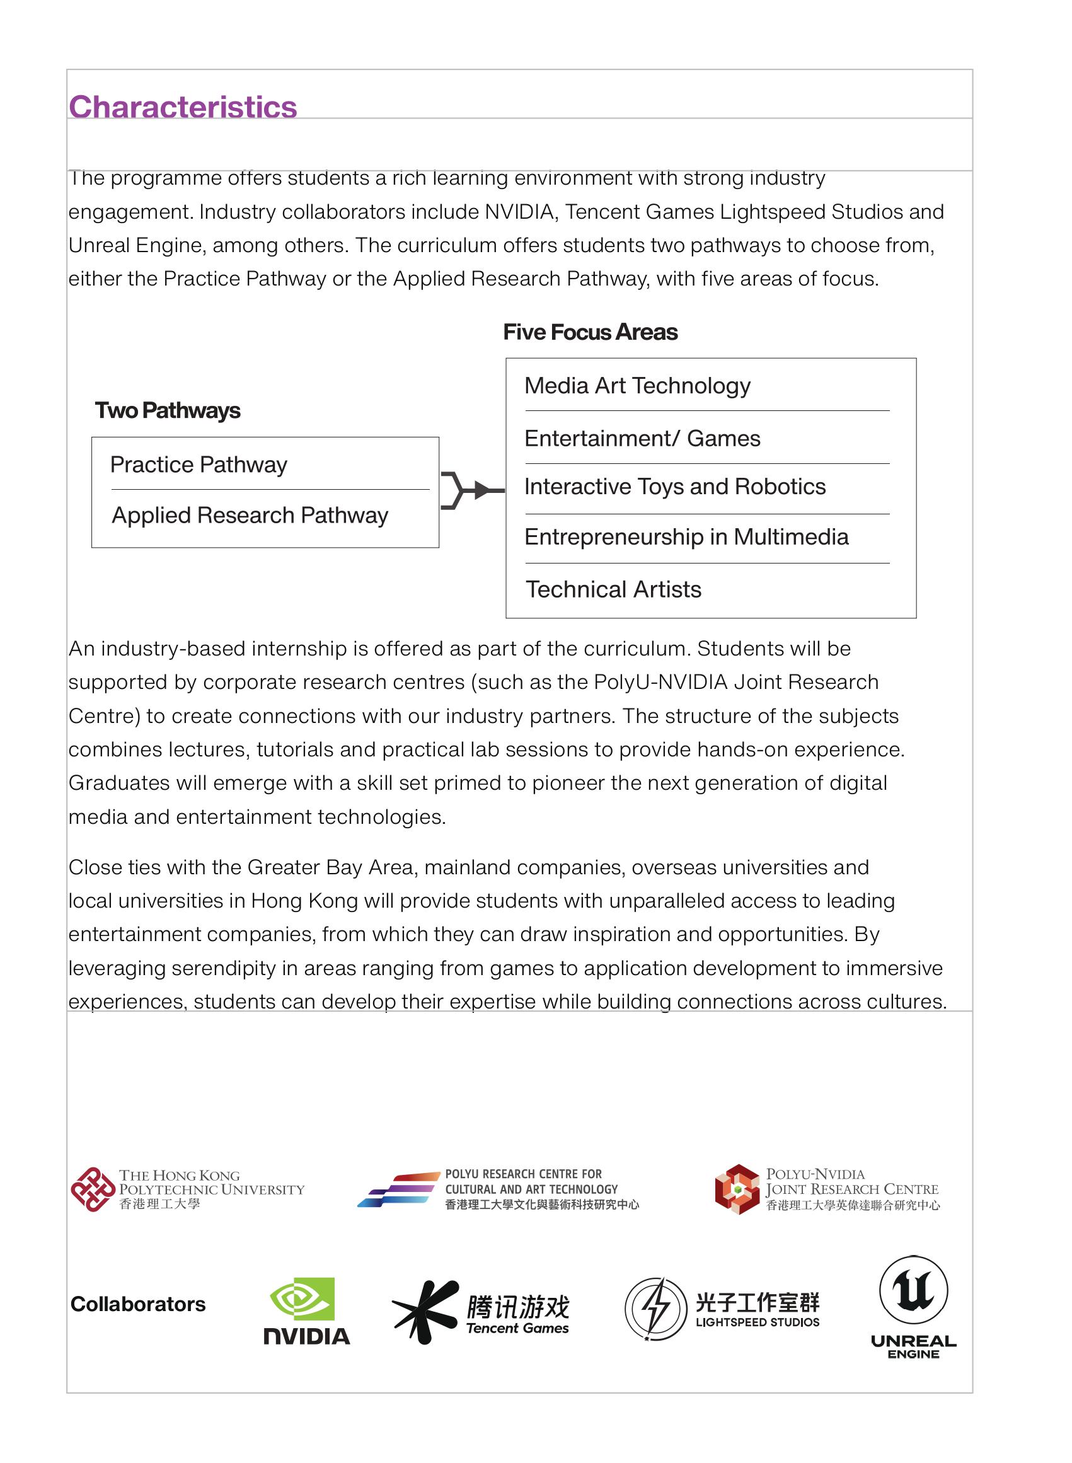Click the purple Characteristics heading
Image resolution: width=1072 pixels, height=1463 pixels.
coord(182,107)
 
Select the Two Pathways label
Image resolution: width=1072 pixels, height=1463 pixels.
coord(168,411)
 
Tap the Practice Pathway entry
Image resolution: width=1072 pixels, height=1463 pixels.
coord(199,465)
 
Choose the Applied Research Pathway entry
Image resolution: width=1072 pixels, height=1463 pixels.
coord(250,516)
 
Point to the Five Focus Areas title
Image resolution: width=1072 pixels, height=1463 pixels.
coord(590,332)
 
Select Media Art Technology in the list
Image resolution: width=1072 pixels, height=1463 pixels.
coord(637,386)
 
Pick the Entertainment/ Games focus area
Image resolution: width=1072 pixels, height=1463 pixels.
coord(642,439)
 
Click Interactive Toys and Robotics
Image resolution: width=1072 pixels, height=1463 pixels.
coord(675,487)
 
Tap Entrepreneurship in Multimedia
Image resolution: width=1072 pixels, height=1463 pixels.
coord(686,538)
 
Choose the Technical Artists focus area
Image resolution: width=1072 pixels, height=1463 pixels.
coord(613,590)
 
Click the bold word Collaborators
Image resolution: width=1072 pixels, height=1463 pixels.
coord(137,1305)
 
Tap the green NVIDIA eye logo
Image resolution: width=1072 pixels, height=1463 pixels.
coord(303,1300)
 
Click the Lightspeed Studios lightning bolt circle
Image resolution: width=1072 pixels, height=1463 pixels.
coord(655,1309)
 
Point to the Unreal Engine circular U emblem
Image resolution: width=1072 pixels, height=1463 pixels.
coord(913,1290)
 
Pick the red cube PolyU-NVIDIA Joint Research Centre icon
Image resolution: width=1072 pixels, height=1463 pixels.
coord(737,1189)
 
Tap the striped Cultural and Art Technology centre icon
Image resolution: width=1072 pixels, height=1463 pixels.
coord(398,1189)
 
